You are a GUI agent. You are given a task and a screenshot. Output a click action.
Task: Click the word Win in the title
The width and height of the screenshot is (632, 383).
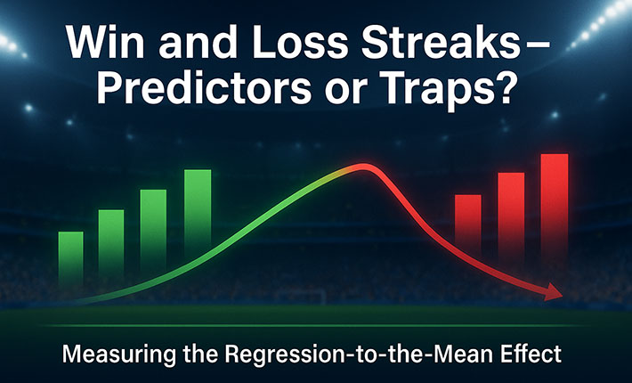(x=105, y=43)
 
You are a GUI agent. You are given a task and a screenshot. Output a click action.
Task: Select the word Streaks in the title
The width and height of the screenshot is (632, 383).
(x=437, y=43)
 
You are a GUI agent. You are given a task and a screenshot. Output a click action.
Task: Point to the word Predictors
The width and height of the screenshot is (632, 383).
(x=204, y=89)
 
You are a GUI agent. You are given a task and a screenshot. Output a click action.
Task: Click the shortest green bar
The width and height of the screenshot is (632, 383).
(x=70, y=258)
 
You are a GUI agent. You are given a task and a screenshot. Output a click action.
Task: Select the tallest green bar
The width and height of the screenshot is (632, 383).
(x=198, y=214)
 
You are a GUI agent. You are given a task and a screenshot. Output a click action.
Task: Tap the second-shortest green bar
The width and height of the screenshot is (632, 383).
(x=111, y=242)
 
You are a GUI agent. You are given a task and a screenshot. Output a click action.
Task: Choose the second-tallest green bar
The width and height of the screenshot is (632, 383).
(x=153, y=229)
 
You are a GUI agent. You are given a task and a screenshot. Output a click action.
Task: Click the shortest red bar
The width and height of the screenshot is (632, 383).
(x=468, y=224)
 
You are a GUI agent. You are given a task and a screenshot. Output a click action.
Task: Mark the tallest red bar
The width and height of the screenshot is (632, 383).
(x=555, y=206)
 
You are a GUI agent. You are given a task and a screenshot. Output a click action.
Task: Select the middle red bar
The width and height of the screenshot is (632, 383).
(x=511, y=216)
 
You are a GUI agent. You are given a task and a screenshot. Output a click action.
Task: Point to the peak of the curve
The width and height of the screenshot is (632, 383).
(x=363, y=166)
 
